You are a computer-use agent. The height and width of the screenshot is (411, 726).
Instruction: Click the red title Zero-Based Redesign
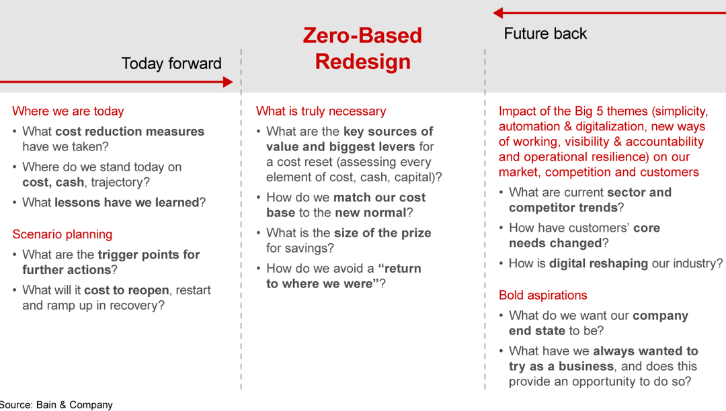pyautogui.click(x=362, y=48)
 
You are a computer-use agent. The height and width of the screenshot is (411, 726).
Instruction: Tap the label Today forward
pyautogui.click(x=171, y=64)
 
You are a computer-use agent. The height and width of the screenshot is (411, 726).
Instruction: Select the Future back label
pyautogui.click(x=545, y=34)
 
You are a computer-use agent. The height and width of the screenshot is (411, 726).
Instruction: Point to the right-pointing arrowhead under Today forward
pyautogui.click(x=227, y=82)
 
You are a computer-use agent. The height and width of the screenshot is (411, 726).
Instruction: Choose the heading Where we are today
pyautogui.click(x=68, y=111)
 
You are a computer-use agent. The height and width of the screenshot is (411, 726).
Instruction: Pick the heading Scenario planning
pyautogui.click(x=62, y=234)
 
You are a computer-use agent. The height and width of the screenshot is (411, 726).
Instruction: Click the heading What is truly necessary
pyautogui.click(x=321, y=111)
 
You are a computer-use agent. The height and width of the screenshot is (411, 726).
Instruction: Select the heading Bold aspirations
pyautogui.click(x=542, y=295)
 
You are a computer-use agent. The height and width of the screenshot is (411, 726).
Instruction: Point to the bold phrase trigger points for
pyautogui.click(x=149, y=255)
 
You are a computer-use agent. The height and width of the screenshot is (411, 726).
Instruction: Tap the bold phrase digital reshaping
pyautogui.click(x=598, y=263)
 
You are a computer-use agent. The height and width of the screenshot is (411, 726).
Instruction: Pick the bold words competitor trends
pyautogui.click(x=563, y=208)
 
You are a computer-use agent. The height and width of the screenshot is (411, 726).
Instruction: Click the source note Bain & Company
pyautogui.click(x=56, y=404)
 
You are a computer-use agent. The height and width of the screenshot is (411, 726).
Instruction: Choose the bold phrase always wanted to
pyautogui.click(x=645, y=351)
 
